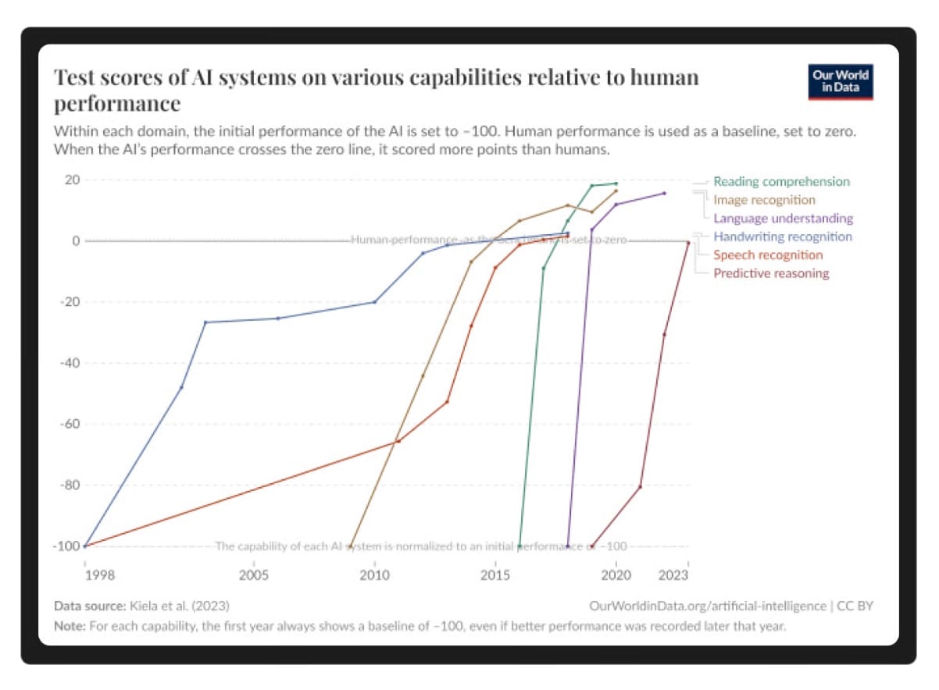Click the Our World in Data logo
pyautogui.click(x=841, y=82)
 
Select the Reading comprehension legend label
pyautogui.click(x=781, y=182)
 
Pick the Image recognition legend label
pyautogui.click(x=764, y=200)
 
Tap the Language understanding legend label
pyautogui.click(x=783, y=219)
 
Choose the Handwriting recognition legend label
pyautogui.click(x=783, y=237)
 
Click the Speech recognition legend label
pyautogui.click(x=768, y=255)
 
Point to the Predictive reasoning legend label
pyautogui.click(x=771, y=273)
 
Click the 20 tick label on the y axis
pyautogui.click(x=72, y=180)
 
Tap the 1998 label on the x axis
pyautogui.click(x=99, y=576)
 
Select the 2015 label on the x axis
pyautogui.click(x=494, y=576)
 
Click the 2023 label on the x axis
pyautogui.click(x=674, y=576)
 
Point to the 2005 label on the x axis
pyautogui.click(x=253, y=576)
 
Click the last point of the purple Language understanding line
pyautogui.click(x=664, y=193)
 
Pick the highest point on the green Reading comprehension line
pyautogui.click(x=616, y=183)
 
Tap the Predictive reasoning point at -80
pyautogui.click(x=640, y=487)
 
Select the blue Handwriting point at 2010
pyautogui.click(x=374, y=302)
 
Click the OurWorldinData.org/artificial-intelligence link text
pyautogui.click(x=708, y=606)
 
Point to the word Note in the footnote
pyautogui.click(x=70, y=625)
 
